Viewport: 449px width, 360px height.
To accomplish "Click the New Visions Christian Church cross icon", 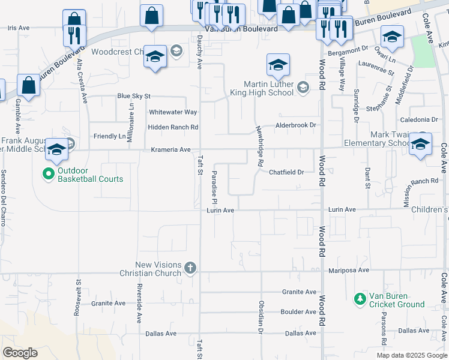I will click(190, 267).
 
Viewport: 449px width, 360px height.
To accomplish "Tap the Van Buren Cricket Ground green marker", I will click(360, 298).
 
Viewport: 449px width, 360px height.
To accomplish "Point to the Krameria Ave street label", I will click(170, 149).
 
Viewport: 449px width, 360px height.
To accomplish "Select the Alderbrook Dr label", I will click(295, 125).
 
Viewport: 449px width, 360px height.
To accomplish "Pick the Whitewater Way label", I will click(173, 112).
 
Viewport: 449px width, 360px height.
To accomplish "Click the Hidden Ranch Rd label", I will click(173, 127).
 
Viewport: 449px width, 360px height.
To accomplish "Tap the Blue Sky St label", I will click(133, 96).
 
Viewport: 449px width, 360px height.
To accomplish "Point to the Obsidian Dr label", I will click(261, 317).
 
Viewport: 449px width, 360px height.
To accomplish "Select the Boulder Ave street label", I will click(298, 312).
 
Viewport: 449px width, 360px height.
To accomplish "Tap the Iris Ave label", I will click(19, 28).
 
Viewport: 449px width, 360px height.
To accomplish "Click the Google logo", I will click(19, 353).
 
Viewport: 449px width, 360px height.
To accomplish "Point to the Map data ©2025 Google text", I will click(411, 355).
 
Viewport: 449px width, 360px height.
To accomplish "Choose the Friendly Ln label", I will click(109, 136).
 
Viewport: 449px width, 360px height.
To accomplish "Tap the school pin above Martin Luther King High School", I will click(278, 66).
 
